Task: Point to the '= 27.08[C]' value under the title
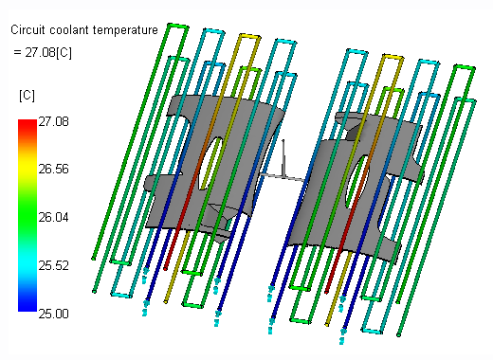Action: pos(43,52)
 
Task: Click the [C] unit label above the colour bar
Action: pos(27,96)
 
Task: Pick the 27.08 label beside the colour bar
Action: pos(53,121)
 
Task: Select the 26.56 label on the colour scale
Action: pos(53,170)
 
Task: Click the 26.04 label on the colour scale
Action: pos(53,217)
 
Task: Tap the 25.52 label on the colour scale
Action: pos(53,265)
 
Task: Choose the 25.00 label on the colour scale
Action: pos(53,314)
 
